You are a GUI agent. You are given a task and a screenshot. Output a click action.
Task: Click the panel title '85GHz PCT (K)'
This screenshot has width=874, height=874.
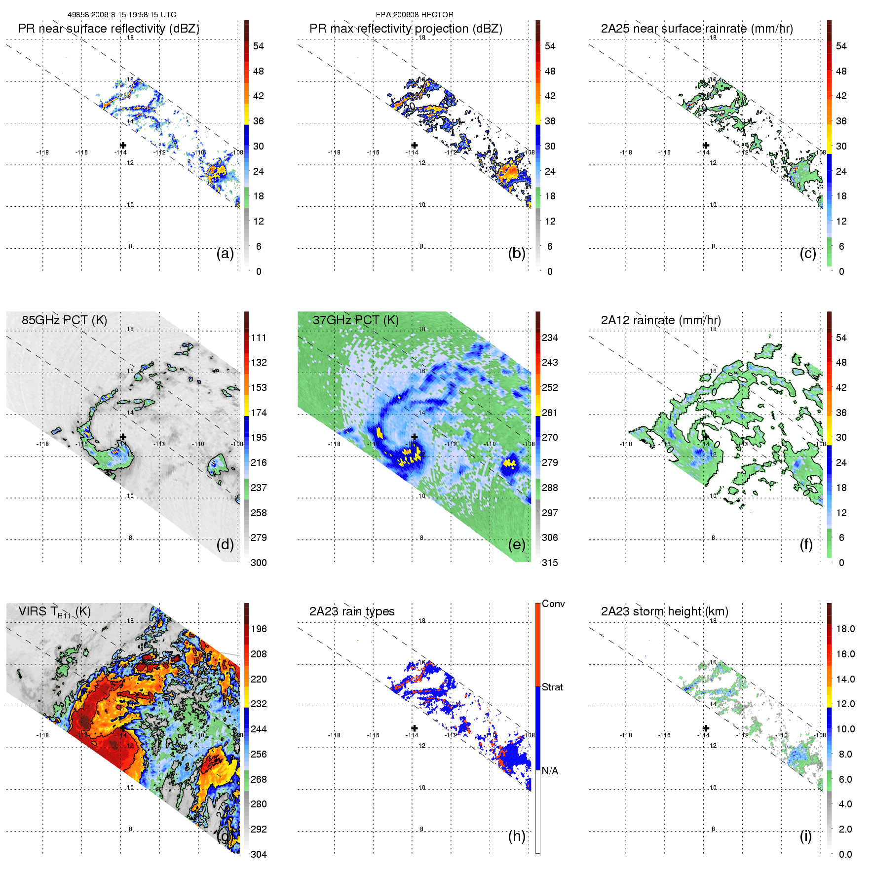64,320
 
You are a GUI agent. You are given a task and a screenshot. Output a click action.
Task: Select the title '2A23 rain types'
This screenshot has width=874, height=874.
351,611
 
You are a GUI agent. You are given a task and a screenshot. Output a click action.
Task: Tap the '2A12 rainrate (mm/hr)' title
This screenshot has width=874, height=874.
660,320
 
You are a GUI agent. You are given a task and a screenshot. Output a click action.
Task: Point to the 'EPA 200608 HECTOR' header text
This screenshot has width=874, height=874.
415,15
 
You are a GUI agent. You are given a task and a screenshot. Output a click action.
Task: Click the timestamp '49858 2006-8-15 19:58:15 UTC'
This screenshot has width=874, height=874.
122,15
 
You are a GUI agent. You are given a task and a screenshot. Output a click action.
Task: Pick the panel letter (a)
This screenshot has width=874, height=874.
225,253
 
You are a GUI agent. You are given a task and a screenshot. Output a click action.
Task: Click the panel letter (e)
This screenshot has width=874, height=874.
517,544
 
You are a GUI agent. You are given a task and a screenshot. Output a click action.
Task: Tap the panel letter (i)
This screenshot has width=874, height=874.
805,836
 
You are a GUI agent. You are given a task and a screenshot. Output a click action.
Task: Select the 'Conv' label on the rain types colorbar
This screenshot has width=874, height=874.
553,604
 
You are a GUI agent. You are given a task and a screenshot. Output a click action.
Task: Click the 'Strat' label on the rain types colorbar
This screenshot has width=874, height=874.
552,687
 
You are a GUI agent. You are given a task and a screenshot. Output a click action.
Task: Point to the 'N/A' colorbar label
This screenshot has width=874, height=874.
550,771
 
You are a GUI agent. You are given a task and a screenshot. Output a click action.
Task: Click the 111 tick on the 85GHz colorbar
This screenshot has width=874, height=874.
259,338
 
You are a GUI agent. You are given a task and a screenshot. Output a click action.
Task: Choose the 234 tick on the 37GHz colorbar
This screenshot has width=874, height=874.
550,338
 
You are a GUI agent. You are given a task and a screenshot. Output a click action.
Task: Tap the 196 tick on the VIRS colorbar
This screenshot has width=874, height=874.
259,629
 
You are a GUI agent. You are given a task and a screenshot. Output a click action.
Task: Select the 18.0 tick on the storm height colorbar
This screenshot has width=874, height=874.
845,629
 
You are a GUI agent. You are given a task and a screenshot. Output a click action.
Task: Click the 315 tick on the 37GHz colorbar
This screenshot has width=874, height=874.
550,563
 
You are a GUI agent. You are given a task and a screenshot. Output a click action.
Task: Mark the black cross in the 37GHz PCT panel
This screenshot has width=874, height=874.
415,437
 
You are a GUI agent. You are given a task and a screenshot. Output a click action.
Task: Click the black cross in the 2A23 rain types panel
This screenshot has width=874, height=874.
415,728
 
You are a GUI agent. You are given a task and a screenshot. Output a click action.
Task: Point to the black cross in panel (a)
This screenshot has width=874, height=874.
123,145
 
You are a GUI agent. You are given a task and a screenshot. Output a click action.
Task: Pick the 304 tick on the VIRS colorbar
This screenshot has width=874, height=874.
259,854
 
